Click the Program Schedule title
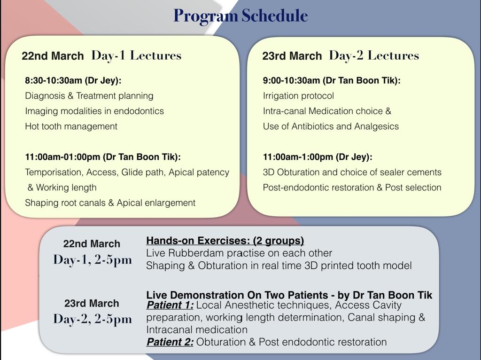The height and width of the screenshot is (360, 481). coord(240,16)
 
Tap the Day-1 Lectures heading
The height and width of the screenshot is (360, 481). coord(136,55)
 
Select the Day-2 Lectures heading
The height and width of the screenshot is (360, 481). coord(374,55)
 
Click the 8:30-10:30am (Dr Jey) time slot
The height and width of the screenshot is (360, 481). coord(73,80)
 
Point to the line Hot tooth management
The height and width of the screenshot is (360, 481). coord(71,126)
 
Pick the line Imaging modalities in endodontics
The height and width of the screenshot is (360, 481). coord(94,111)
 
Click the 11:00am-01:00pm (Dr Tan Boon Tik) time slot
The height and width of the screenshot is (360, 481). coord(103,157)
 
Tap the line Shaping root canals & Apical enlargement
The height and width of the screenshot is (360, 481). coord(110,203)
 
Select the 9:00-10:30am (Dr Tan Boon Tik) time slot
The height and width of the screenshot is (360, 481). coord(332,80)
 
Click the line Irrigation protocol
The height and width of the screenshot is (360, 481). coord(298,96)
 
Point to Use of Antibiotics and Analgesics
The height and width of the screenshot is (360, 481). coord(331,126)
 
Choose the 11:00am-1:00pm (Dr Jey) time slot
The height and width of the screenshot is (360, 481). coord(318,157)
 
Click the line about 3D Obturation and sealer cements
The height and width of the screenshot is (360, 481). coord(352,172)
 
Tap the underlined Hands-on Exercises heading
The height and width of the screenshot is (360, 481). coord(225,241)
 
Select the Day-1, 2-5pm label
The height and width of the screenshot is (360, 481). coord(93,259)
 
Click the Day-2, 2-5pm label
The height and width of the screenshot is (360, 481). coord(93,319)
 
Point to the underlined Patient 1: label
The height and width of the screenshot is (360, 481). coord(170,305)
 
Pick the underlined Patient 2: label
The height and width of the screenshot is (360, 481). coord(170,342)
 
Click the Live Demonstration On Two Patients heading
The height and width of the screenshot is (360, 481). coord(289,295)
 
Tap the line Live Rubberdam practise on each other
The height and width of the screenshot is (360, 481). coord(239,253)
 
